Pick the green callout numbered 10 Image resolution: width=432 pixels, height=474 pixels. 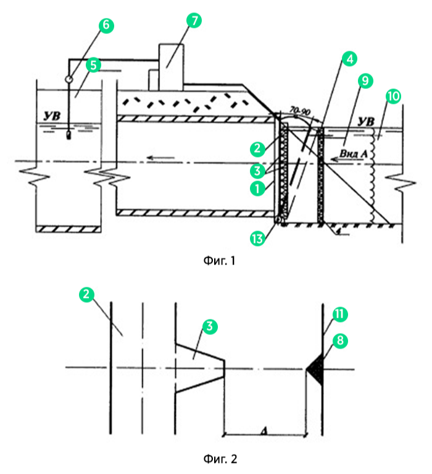pos(393,96)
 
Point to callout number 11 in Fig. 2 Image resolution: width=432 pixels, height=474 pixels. pos(339,315)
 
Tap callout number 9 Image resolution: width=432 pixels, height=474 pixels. pos(365,80)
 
